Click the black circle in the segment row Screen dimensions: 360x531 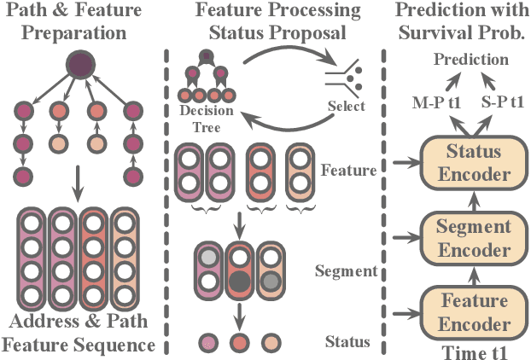point(239,282)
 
